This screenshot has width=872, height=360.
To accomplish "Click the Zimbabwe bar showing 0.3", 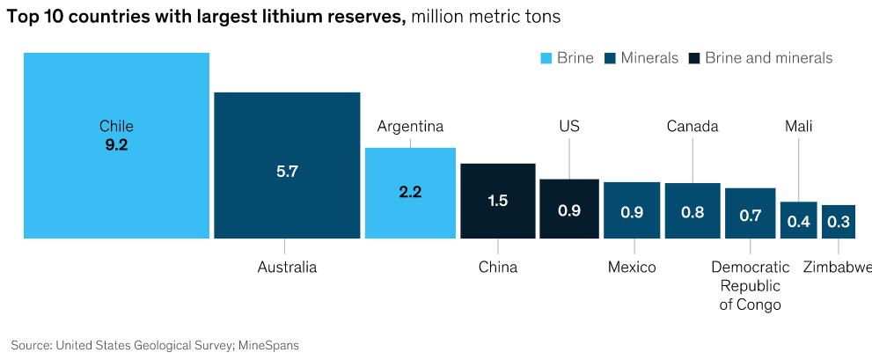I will pyautogui.click(x=839, y=221).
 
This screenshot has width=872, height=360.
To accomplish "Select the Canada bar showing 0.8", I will pyautogui.click(x=692, y=211).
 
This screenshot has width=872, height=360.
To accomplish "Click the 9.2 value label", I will pyautogui.click(x=116, y=145).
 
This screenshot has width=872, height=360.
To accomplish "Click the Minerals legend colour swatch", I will pyautogui.click(x=608, y=58).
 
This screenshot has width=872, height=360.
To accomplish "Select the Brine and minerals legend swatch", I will pyautogui.click(x=693, y=58).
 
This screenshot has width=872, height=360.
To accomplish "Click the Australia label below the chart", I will pyautogui.click(x=287, y=267).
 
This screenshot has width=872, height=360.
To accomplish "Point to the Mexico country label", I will pyautogui.click(x=632, y=267).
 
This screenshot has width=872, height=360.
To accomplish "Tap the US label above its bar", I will pyautogui.click(x=569, y=126).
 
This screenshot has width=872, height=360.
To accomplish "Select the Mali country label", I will pyautogui.click(x=798, y=126).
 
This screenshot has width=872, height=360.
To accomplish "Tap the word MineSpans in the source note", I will pyautogui.click(x=269, y=345).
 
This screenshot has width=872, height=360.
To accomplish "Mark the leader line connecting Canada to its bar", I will pyautogui.click(x=692, y=158).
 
